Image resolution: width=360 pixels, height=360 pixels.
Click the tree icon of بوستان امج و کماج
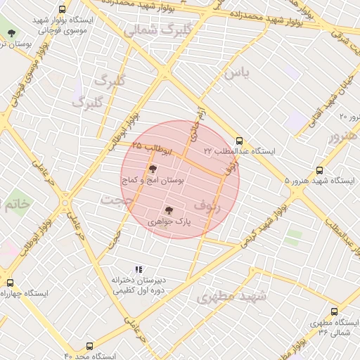click(153, 168)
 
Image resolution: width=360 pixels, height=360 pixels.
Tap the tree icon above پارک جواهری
click(168, 209)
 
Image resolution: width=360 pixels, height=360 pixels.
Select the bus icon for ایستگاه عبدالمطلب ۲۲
click(240, 140)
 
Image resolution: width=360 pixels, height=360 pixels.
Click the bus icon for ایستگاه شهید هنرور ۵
click(320, 169)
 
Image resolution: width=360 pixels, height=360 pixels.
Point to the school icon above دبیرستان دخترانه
click(139, 269)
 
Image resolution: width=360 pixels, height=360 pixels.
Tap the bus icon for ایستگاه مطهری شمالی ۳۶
click(334, 311)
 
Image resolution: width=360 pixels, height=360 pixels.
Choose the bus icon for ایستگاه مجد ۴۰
click(89, 346)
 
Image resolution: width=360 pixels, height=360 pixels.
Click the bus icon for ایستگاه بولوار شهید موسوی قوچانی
click(63, 10)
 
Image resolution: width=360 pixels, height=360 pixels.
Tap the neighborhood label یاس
click(237, 72)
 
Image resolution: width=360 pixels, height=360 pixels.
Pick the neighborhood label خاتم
click(17, 205)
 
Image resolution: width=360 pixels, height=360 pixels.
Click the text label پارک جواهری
click(169, 221)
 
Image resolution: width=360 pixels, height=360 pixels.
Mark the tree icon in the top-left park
click(11, 33)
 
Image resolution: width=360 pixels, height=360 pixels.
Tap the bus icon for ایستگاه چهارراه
click(9, 282)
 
